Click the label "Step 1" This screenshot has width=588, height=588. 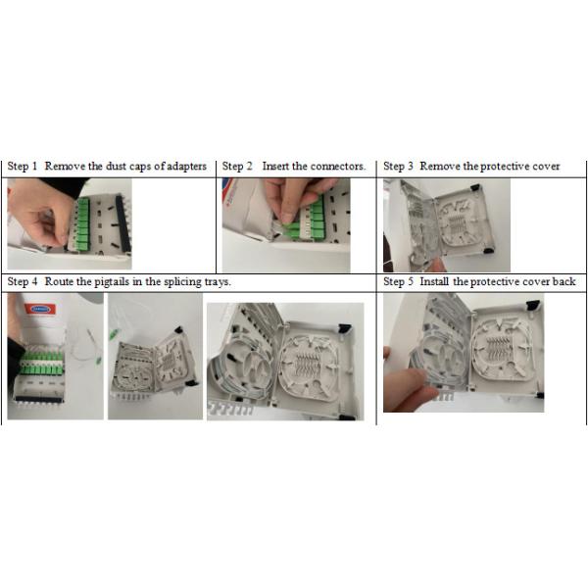[23, 167]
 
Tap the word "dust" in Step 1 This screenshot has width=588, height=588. [117, 167]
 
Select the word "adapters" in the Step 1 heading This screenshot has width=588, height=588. [186, 167]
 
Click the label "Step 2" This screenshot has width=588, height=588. [237, 167]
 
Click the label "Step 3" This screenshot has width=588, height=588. [398, 167]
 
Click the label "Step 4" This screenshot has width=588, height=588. [23, 281]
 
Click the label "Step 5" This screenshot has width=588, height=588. [398, 281]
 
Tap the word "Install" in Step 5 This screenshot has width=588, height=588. [434, 281]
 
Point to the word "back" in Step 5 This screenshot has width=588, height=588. [564, 281]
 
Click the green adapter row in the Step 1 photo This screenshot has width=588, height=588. [83, 224]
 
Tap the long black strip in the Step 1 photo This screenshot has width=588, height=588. [123, 223]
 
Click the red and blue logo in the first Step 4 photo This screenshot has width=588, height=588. [40, 310]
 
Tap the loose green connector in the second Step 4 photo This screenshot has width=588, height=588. [112, 334]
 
